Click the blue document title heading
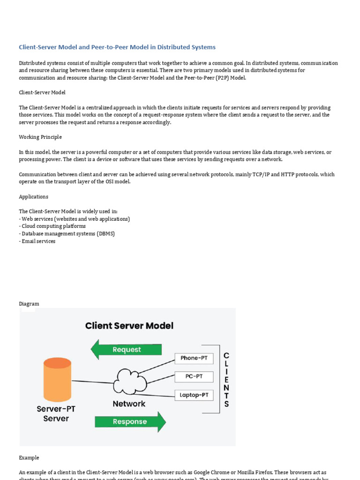[117, 47]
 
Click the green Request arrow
[126, 350]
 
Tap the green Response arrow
[130, 421]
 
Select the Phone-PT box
[194, 359]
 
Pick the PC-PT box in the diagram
[194, 377]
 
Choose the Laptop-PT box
[194, 395]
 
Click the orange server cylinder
[57, 380]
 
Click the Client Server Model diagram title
[129, 325]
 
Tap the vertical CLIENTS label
[226, 380]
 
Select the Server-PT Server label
[56, 413]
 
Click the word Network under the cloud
[129, 404]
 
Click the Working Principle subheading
[40, 137]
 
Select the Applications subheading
[34, 197]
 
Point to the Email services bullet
[38, 241]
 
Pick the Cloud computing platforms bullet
[53, 226]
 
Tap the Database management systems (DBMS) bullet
[68, 234]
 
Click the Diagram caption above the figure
[29, 304]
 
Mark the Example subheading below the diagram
[29, 457]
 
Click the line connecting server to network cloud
[92, 382]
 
